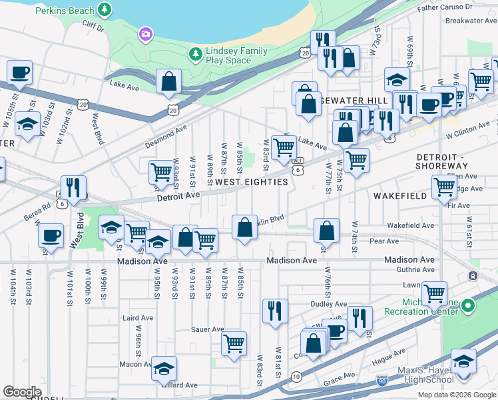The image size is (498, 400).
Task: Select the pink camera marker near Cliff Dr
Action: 146,33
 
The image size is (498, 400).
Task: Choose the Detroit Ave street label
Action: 178,195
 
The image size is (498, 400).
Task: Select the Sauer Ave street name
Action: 208,329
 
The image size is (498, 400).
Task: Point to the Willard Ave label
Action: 180,385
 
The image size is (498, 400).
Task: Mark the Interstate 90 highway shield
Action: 381,381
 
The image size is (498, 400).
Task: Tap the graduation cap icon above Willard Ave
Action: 164,368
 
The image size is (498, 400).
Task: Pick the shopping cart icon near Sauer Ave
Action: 234,343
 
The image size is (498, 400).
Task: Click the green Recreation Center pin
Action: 468,307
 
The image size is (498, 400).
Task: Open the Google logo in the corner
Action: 22,392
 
